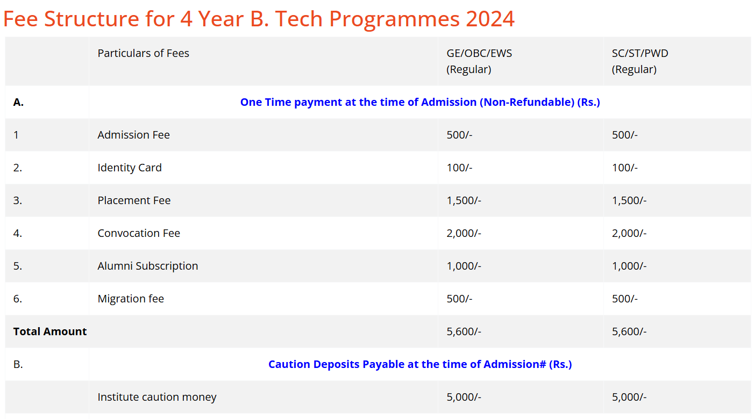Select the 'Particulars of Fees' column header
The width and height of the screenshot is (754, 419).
143,53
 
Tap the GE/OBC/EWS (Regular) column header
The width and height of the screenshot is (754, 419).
479,61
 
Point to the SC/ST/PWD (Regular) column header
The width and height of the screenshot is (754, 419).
640,61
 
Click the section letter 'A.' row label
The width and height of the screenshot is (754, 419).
18,102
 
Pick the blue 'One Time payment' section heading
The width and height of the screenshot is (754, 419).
419,102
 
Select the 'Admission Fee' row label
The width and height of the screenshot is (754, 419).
133,135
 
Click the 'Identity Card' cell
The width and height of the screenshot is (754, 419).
129,168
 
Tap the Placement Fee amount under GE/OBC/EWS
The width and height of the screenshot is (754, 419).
464,200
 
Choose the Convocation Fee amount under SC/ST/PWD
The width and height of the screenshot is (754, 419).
629,233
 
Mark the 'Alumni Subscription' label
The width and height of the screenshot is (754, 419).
147,266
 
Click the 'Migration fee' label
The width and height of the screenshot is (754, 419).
131,299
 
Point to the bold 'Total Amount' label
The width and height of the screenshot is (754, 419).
50,331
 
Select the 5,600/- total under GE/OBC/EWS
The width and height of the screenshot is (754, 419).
464,331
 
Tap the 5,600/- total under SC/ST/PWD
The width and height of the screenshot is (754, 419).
629,331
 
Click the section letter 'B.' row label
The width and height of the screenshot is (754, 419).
18,364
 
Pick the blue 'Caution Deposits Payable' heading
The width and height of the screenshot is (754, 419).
419,364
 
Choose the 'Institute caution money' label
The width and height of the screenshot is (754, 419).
157,397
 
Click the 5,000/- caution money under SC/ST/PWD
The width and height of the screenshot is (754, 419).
629,397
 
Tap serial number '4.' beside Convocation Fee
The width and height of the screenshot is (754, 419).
18,233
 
